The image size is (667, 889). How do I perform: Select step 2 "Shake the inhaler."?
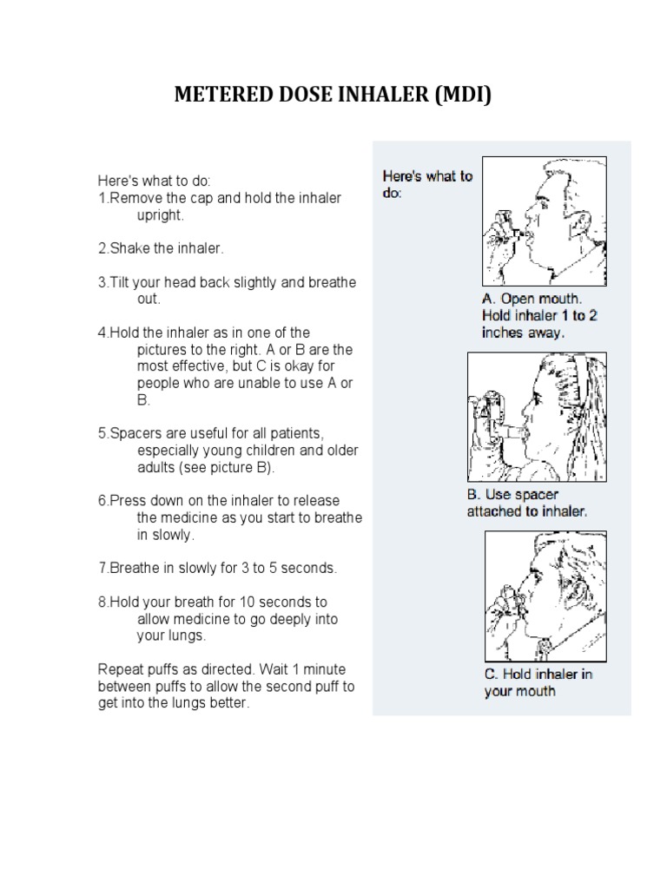click(x=161, y=248)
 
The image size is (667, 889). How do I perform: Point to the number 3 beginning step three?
click(x=101, y=282)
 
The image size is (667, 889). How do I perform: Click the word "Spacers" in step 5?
click(x=131, y=433)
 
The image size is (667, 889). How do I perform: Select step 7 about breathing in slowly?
click(x=216, y=568)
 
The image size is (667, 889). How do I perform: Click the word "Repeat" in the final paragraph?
click(x=117, y=669)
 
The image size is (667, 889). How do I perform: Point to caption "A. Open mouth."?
click(x=532, y=300)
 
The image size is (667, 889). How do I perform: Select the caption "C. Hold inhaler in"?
click(x=538, y=674)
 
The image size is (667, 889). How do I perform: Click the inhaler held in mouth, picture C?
click(x=507, y=599)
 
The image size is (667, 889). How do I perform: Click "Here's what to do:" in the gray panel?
click(x=427, y=184)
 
